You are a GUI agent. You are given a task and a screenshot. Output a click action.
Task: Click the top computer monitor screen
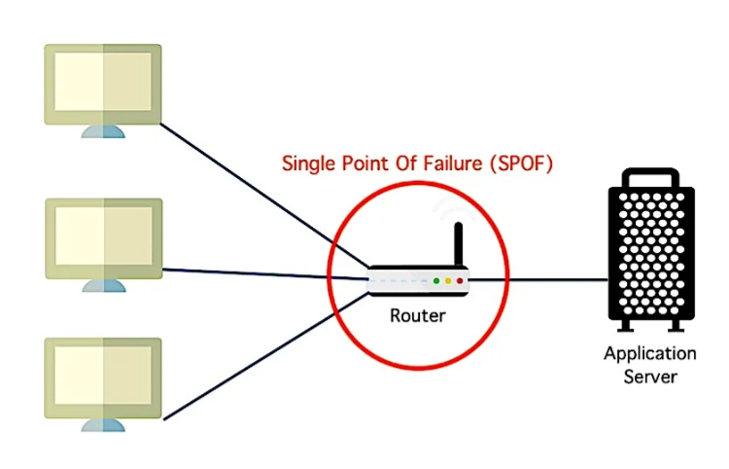click(102, 82)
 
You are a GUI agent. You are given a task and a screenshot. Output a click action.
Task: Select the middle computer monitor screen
click(102, 238)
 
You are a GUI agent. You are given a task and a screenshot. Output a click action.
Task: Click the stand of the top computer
click(102, 130)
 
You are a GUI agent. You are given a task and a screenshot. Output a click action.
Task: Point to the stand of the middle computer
click(102, 284)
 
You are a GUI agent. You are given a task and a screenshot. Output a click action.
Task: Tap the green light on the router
click(436, 281)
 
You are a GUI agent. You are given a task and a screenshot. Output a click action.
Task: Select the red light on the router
click(460, 281)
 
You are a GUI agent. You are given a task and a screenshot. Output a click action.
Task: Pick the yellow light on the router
click(448, 281)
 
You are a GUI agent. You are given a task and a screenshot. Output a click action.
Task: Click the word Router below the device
click(417, 314)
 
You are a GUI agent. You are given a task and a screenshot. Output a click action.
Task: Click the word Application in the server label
click(650, 353)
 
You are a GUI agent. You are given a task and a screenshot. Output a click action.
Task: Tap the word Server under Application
click(650, 375)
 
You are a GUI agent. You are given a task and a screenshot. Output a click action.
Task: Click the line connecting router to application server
click(539, 280)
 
